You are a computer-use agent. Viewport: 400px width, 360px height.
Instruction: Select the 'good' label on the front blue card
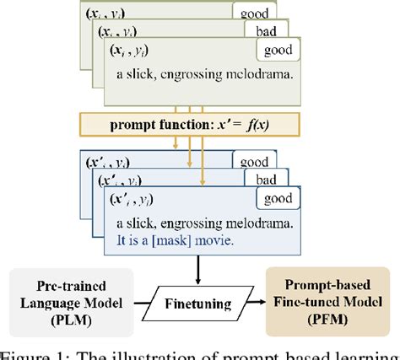tap(279, 199)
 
